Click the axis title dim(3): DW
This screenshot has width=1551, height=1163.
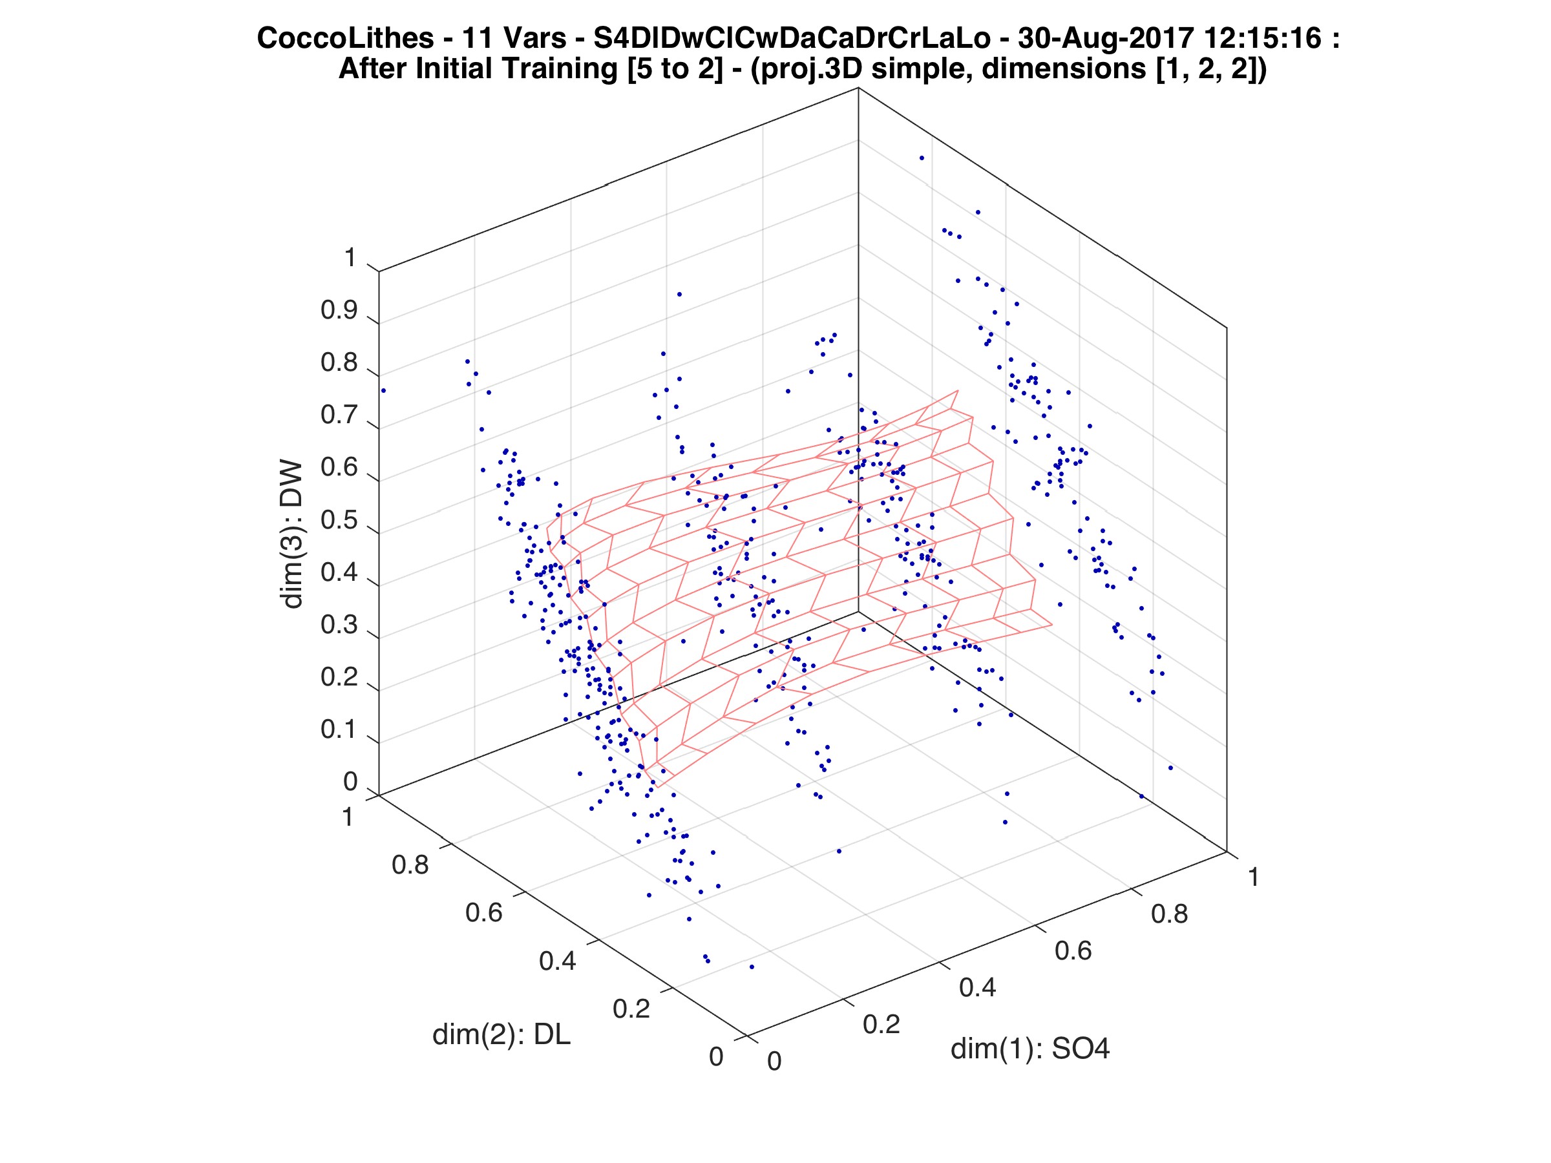291,535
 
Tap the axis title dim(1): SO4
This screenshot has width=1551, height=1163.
1030,1049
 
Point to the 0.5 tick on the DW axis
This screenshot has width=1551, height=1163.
339,521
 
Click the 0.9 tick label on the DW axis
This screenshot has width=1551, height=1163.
339,311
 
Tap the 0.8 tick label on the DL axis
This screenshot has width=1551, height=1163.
410,866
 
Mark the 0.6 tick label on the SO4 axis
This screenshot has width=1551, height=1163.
1073,951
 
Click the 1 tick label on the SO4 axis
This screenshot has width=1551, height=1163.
1253,877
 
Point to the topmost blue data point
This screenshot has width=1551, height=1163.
922,158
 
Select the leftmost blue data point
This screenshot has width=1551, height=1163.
383,390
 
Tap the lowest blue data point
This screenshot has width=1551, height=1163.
752,967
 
